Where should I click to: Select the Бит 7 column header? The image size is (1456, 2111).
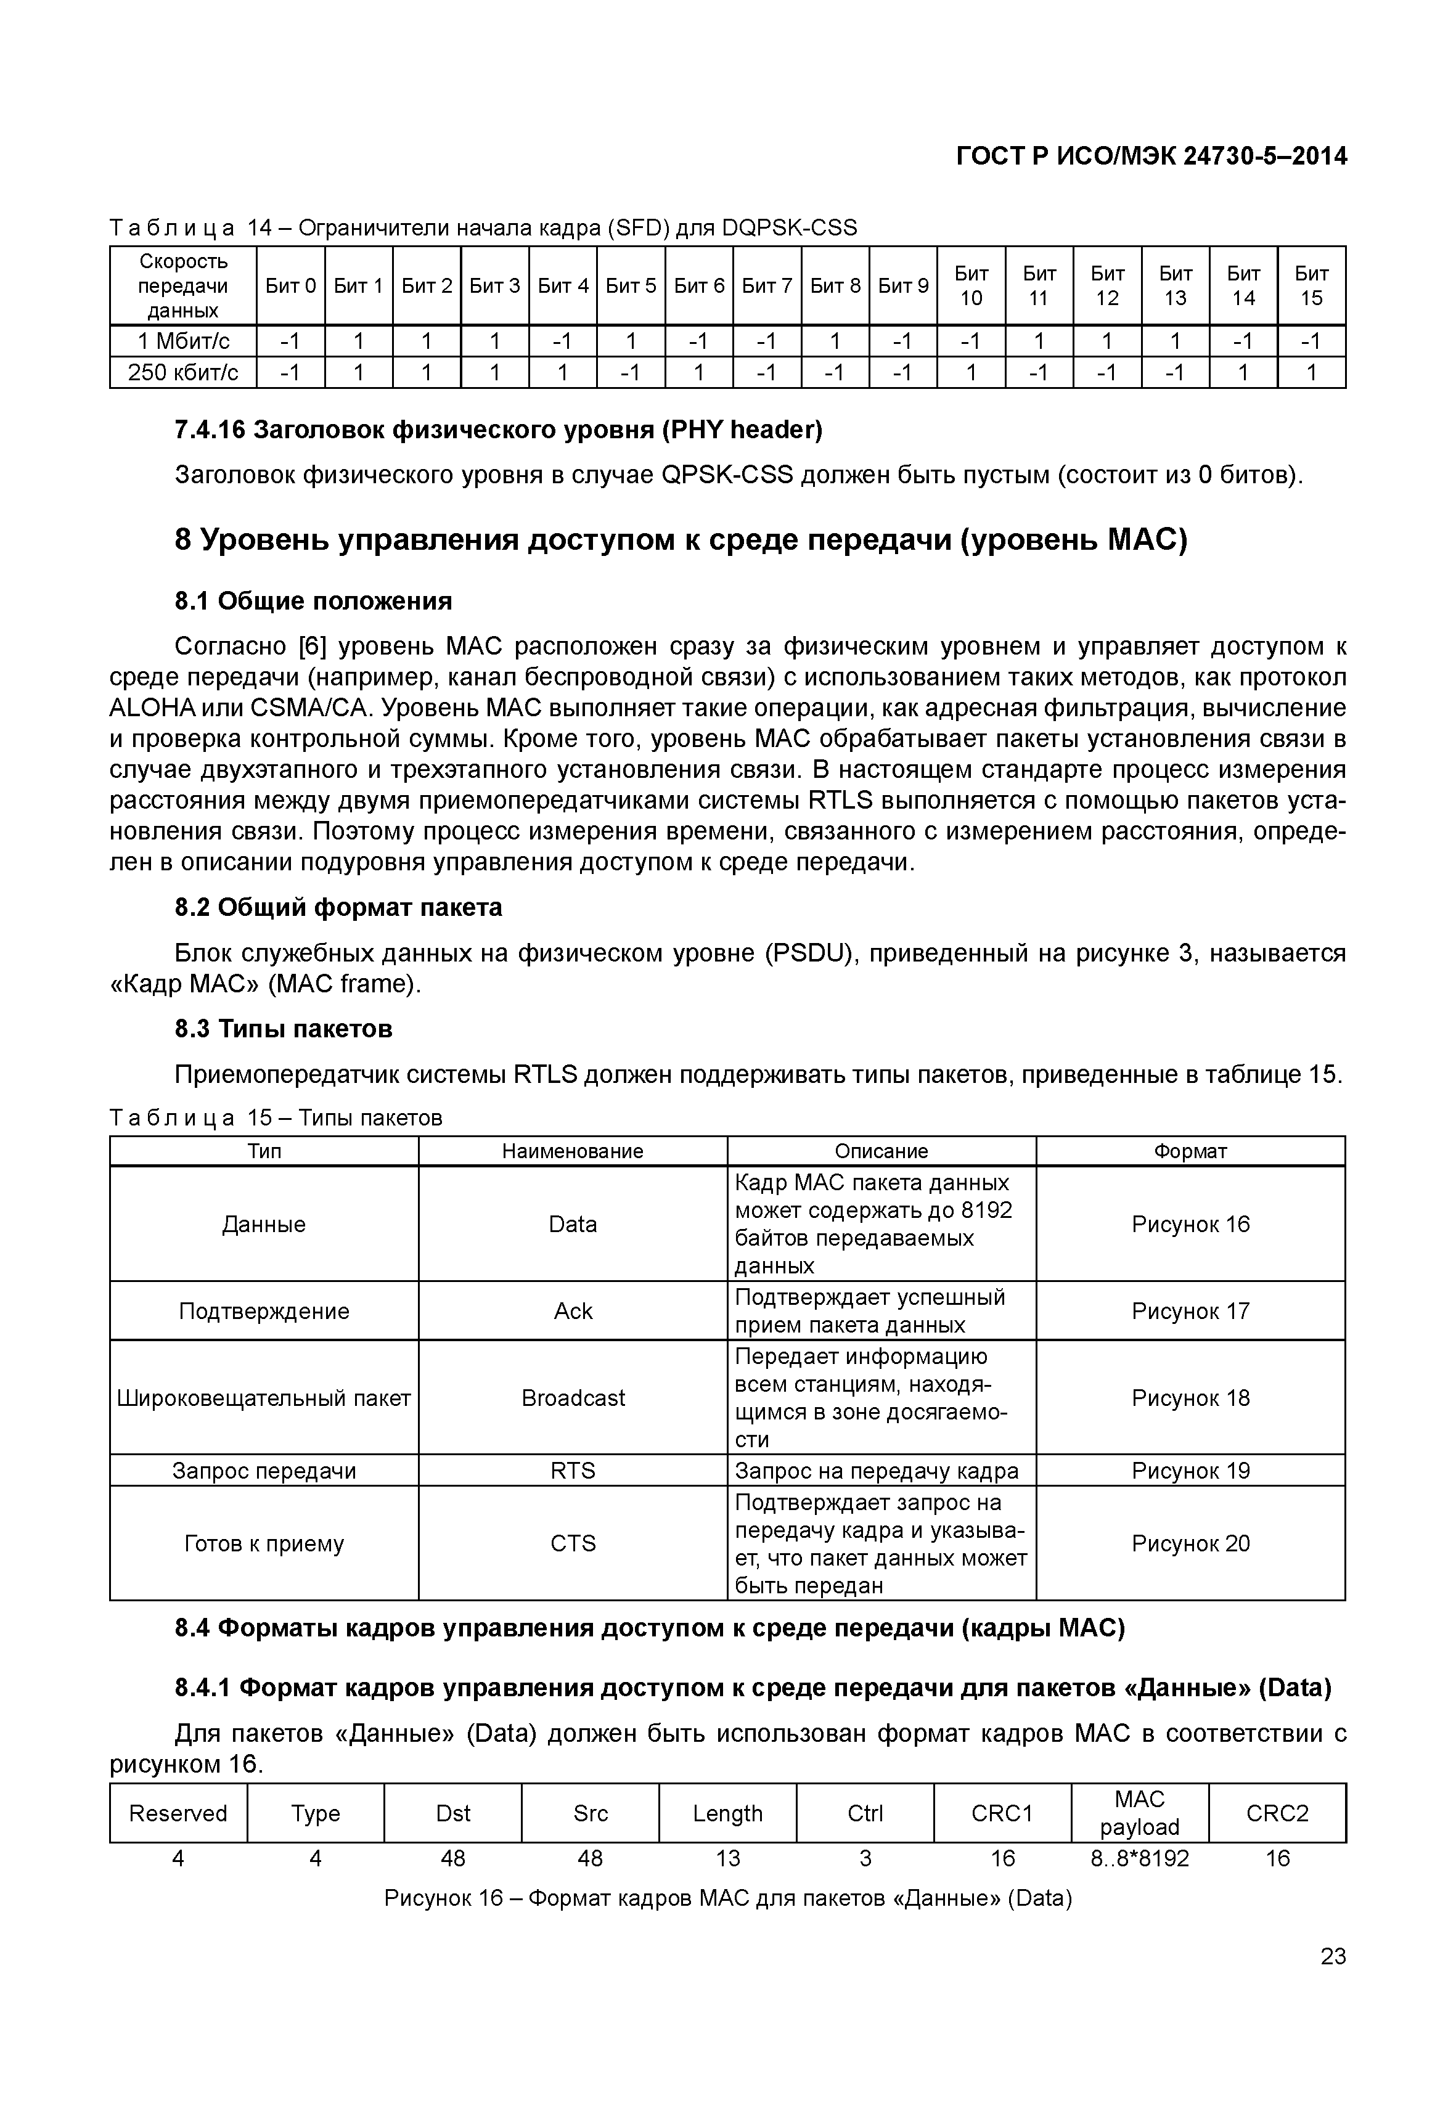[766, 285]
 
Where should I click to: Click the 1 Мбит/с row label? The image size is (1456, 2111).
[182, 341]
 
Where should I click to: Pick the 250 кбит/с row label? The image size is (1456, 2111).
[182, 372]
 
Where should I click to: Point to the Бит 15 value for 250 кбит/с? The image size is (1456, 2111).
[1311, 372]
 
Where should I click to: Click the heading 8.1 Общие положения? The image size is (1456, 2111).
[313, 600]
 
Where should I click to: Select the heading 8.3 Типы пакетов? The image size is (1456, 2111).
[284, 1029]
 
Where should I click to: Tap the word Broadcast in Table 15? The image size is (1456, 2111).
[573, 1398]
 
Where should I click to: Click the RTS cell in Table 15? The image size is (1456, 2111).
[573, 1471]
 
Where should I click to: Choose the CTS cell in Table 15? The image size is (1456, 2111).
[573, 1543]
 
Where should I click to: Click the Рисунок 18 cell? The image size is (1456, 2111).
[1190, 1398]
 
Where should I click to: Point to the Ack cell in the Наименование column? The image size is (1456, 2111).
[573, 1311]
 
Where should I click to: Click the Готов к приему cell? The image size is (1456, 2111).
[264, 1543]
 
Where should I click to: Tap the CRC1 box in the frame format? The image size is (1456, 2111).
[1002, 1813]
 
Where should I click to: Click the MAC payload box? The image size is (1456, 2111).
[1139, 1813]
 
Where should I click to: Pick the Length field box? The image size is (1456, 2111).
[727, 1813]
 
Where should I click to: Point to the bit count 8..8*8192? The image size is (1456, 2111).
[1139, 1859]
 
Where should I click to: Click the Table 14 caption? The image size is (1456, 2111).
[483, 227]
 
